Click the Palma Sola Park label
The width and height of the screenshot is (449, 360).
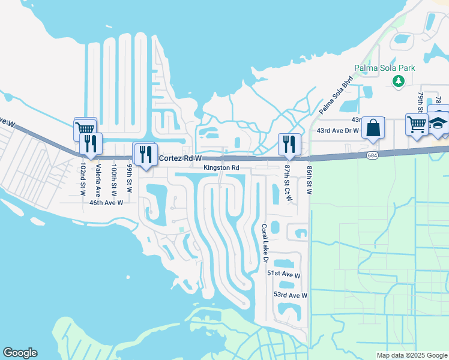384,68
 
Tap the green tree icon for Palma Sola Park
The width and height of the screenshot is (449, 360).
398,80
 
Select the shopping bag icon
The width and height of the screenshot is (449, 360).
373,128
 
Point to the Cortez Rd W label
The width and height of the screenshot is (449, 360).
179,158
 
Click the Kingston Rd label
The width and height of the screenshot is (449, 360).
221,168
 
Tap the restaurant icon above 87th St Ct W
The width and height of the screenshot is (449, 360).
289,143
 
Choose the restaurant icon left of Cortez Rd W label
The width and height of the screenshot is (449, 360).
145,154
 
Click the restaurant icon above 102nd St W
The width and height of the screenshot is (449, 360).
91,144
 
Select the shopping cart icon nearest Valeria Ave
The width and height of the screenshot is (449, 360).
85,128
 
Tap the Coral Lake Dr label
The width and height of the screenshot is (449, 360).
264,244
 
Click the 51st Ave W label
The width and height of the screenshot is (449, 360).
284,274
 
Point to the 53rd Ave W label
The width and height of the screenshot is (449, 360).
290,295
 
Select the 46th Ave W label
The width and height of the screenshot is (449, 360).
106,203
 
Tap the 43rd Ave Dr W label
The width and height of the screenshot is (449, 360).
337,130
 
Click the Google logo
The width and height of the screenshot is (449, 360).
20,353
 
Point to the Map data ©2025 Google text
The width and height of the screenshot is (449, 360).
411,355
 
